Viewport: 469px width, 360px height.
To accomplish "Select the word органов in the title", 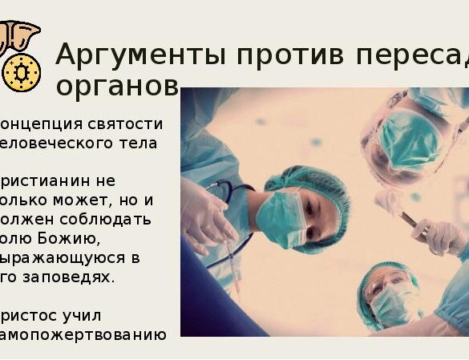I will [117, 85].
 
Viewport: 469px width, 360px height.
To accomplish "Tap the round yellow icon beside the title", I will [21, 72].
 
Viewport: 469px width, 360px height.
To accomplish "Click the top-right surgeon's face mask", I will [408, 141].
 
